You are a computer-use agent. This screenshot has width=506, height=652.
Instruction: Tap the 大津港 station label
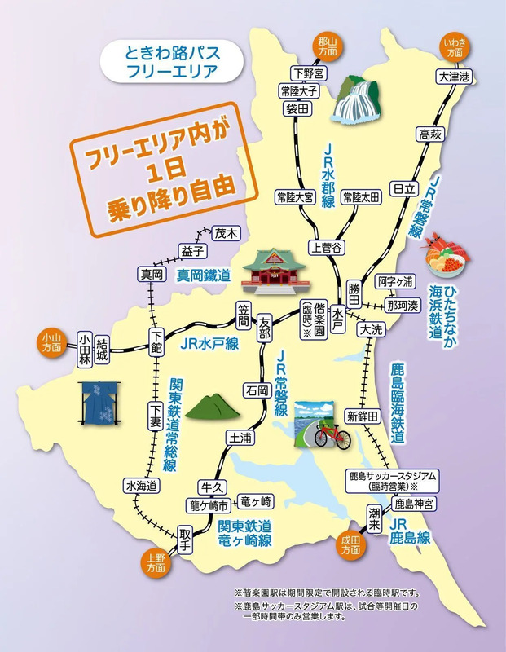(x=453, y=77)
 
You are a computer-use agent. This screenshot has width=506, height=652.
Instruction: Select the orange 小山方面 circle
(x=51, y=341)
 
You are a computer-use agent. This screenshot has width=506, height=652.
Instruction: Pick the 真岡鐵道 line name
(x=204, y=276)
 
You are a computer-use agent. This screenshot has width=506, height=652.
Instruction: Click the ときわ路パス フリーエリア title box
(x=169, y=61)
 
